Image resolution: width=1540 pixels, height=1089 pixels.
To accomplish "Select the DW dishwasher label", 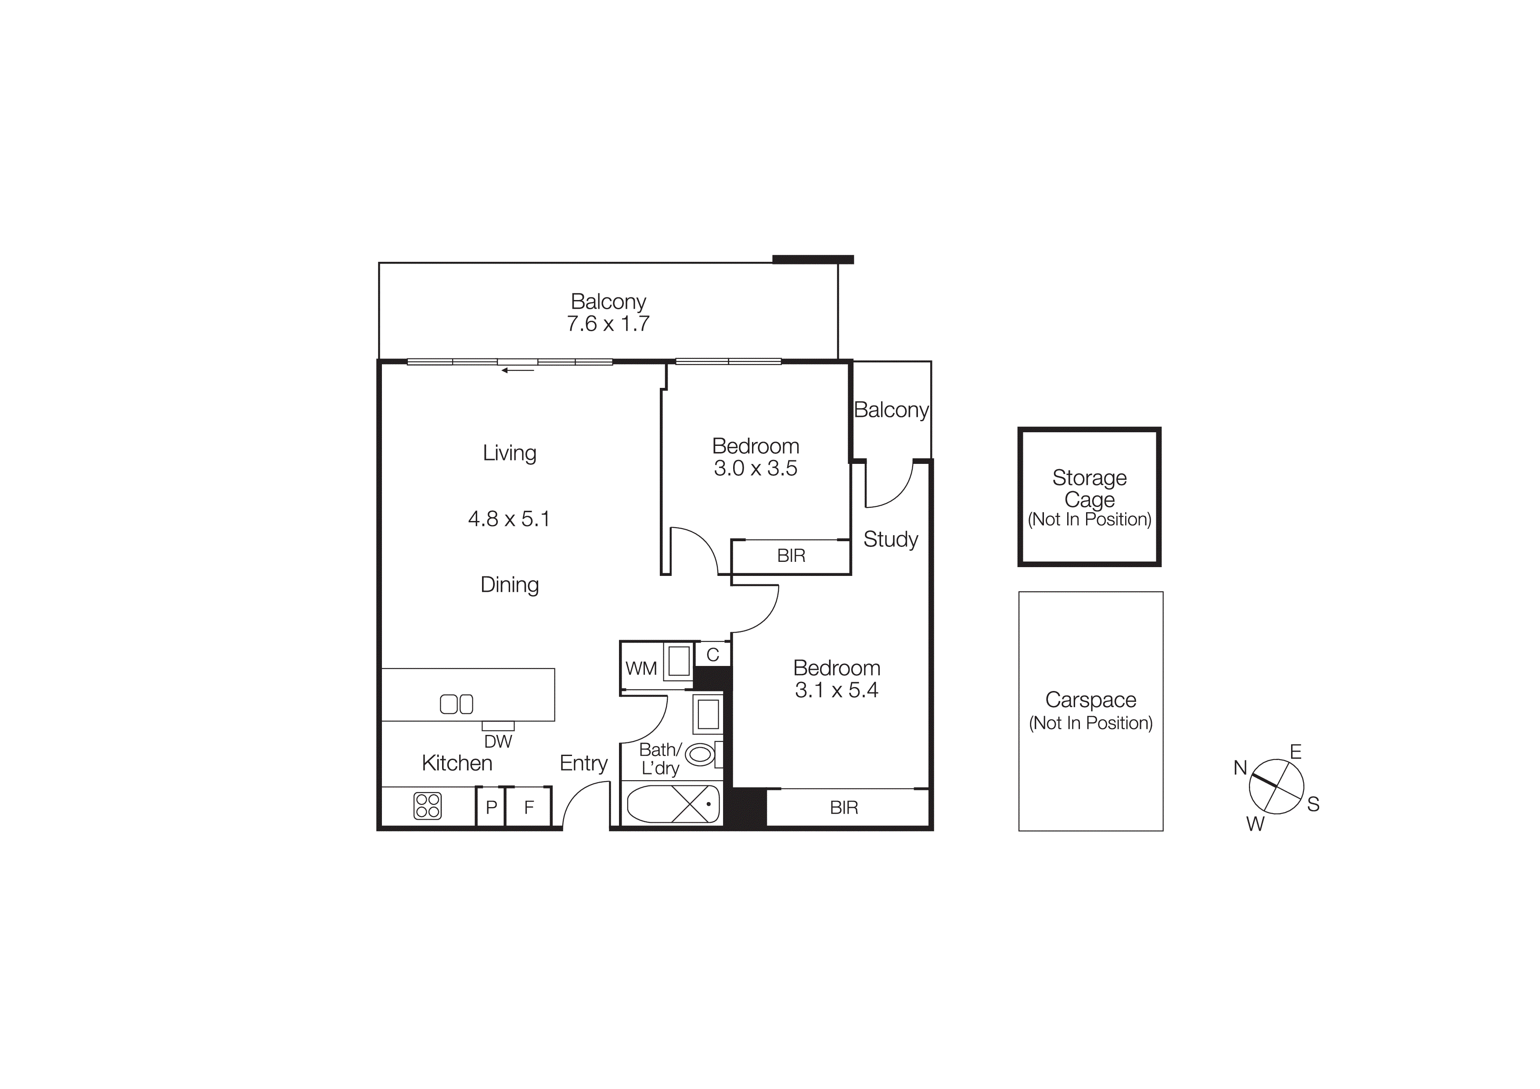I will point(498,742).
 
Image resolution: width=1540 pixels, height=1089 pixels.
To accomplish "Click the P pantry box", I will point(491,807).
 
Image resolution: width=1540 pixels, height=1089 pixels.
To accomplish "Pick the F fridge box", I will point(529,807).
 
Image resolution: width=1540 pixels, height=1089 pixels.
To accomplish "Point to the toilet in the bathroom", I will point(701,755).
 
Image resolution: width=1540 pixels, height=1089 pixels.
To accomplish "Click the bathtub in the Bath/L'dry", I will point(673,804).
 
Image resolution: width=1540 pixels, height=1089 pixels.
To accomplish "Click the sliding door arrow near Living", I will point(518,370).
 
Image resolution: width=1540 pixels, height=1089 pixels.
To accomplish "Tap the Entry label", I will point(583,763).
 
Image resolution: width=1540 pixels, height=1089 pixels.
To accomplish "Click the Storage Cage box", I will point(1089,496).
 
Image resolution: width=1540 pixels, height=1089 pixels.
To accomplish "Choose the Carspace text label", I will point(1090,700).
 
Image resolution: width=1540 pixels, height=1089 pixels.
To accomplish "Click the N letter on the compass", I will point(1240,767).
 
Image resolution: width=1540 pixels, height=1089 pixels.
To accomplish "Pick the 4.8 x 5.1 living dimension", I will point(509,519).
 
